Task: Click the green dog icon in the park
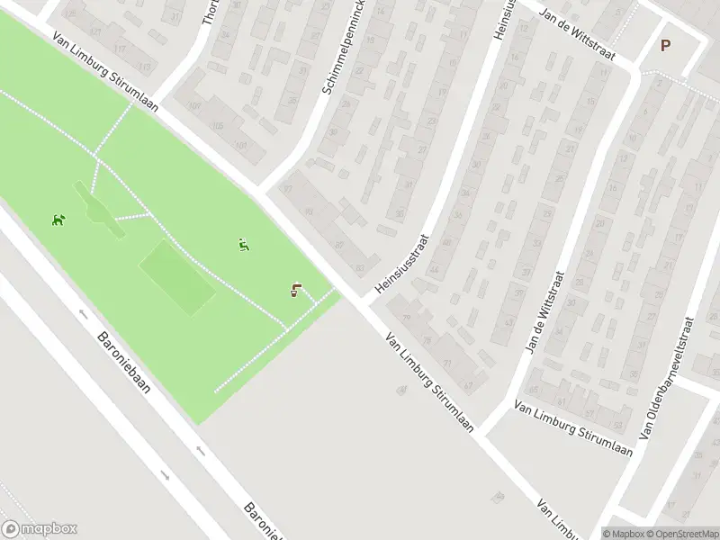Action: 58,220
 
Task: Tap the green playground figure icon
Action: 244,244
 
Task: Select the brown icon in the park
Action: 296,290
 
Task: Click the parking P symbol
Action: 666,46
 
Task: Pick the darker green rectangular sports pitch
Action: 177,276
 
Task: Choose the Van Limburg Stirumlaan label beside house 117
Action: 105,74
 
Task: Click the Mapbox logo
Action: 40,529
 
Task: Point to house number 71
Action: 447,362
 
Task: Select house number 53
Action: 508,322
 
